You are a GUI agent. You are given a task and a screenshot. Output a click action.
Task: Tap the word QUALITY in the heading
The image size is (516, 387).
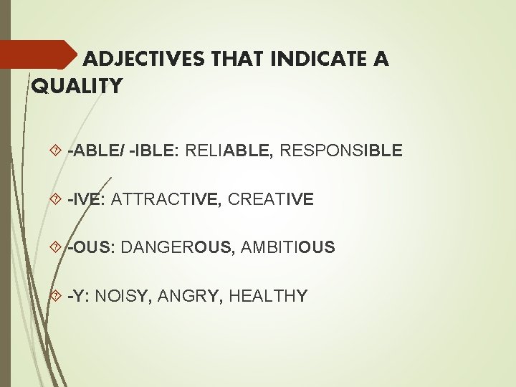[77, 87]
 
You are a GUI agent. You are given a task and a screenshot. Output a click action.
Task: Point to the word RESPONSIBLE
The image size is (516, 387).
[341, 151]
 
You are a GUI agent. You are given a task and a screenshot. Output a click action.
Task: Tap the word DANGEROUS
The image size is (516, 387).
[176, 248]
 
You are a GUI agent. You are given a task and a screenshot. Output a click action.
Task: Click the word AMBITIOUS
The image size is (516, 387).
[288, 248]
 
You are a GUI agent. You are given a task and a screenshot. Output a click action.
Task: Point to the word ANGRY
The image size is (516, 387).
[194, 296]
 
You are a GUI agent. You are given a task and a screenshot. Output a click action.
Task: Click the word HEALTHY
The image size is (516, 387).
[269, 296]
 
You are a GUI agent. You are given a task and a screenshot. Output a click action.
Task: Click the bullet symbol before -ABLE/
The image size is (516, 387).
[57, 151]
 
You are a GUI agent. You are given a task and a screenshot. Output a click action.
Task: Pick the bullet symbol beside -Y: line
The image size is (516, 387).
[57, 296]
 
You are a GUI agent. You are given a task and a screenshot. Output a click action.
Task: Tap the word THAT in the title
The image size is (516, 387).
[234, 59]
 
